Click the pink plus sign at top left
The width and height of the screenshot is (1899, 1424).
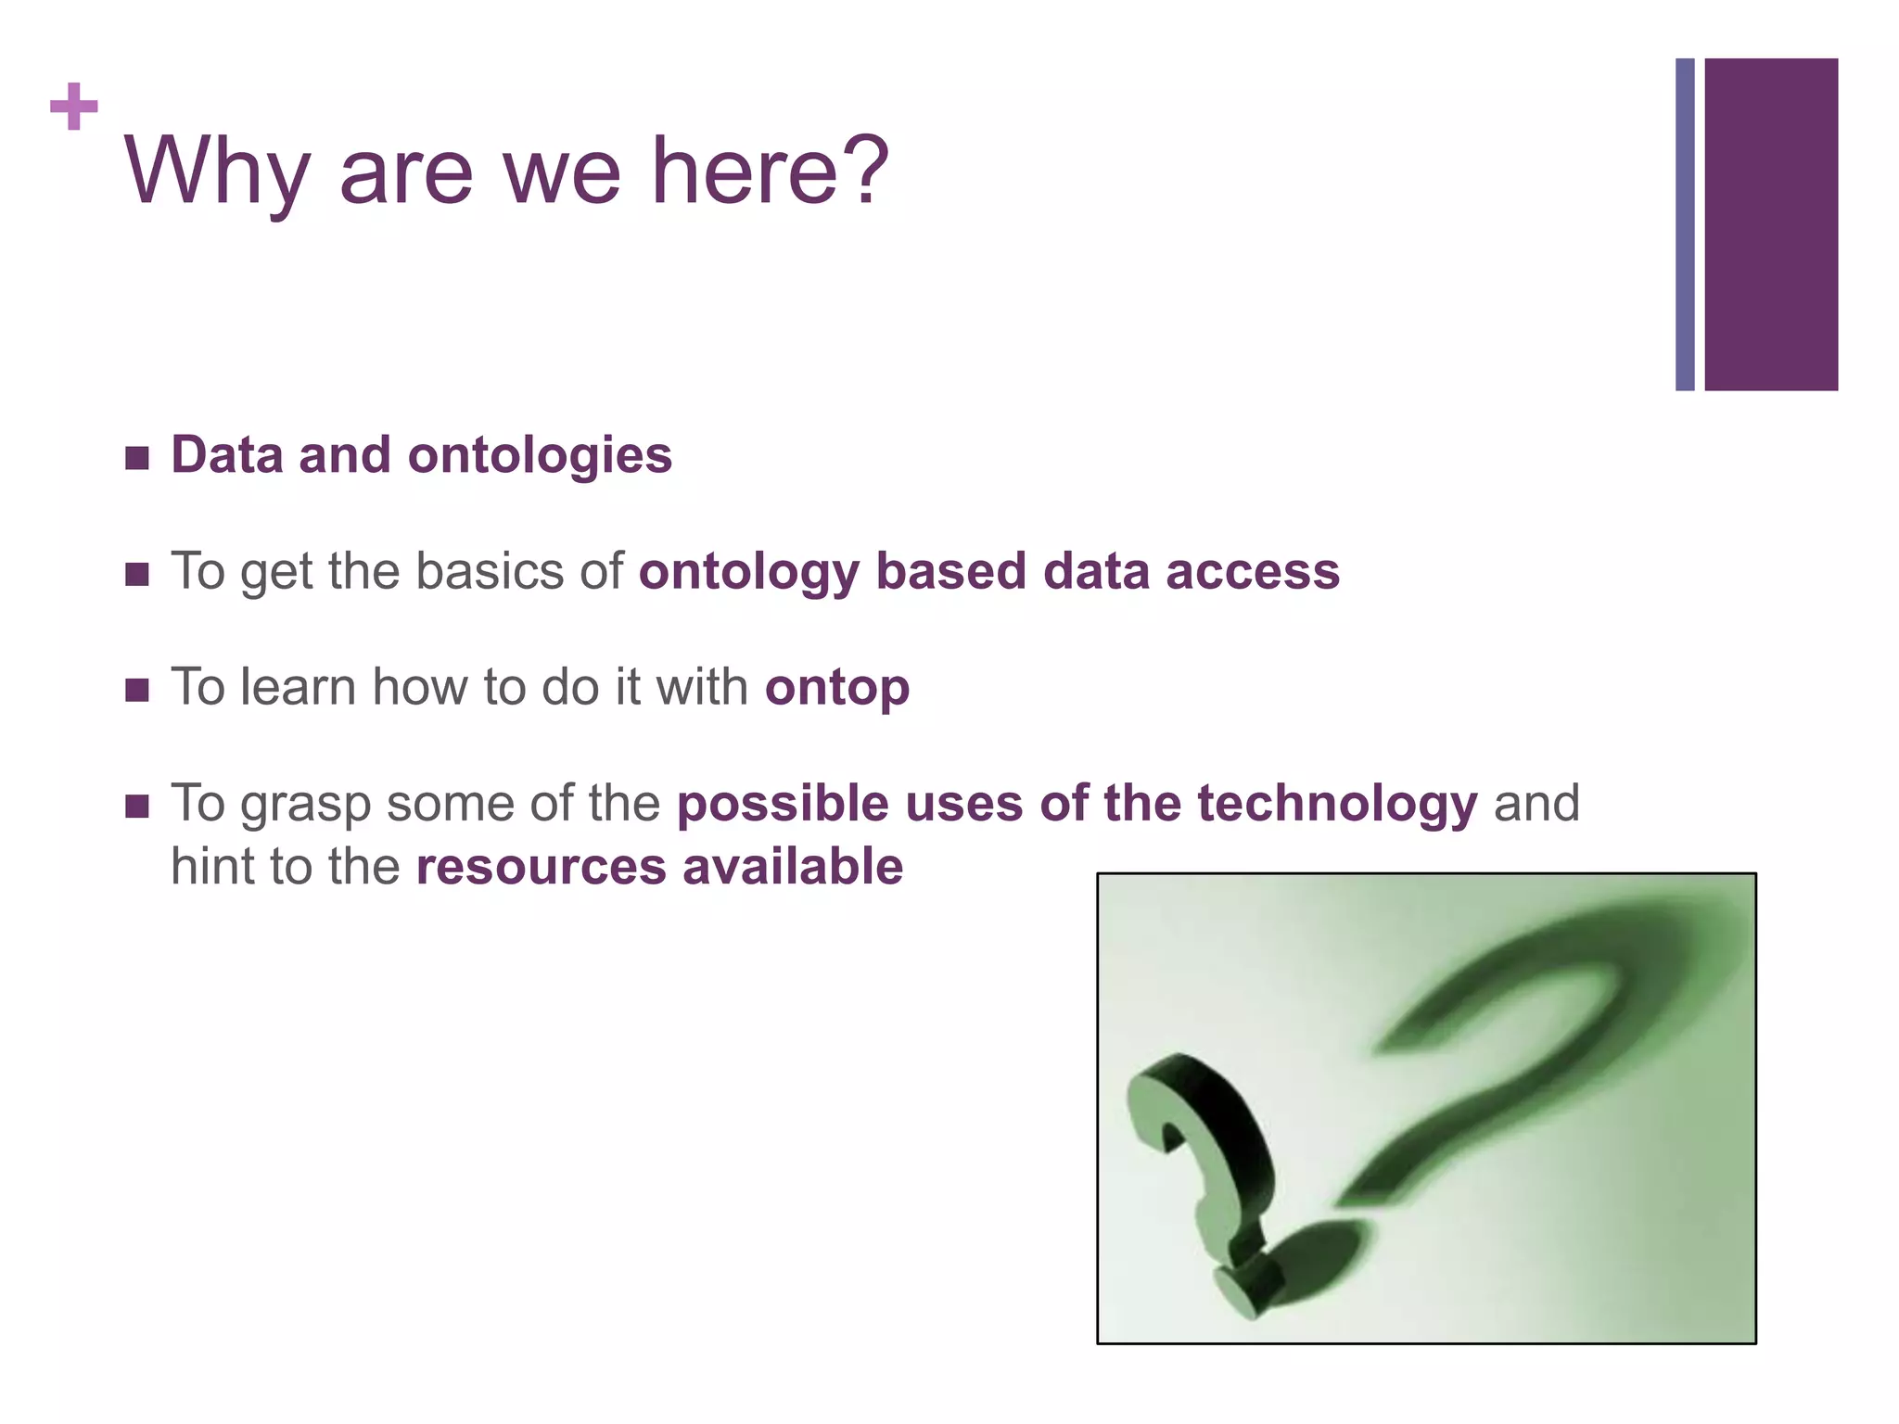pyautogui.click(x=74, y=107)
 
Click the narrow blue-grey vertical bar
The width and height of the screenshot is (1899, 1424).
pyautogui.click(x=1685, y=224)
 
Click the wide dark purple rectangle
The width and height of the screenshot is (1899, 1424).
pyautogui.click(x=1771, y=224)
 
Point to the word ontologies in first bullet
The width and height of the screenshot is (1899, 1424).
pyautogui.click(x=540, y=455)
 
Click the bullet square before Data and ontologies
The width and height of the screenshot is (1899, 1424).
pyautogui.click(x=137, y=458)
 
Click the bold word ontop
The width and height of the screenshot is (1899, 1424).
pyautogui.click(x=837, y=688)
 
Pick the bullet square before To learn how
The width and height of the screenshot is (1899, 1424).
pyautogui.click(x=137, y=691)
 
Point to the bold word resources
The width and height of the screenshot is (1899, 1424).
pyautogui.click(x=542, y=867)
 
